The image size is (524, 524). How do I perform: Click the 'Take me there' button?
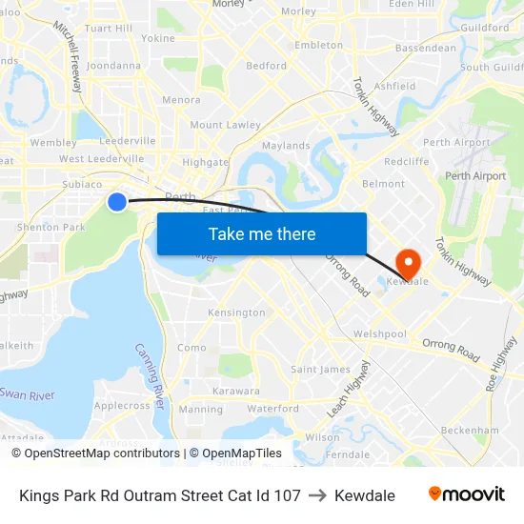262,233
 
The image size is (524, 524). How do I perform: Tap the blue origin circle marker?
116,201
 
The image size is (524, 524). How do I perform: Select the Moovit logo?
467,494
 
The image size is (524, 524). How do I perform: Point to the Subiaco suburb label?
81,184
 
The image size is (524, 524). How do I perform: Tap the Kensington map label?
236,312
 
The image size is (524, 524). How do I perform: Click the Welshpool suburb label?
379,334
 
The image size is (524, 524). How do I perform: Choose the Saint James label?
320,370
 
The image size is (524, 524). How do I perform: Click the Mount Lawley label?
225,125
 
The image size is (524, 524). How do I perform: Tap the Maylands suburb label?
286,146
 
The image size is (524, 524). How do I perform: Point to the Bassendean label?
426,48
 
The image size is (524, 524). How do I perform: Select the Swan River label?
28,394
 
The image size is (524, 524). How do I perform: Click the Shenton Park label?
50,227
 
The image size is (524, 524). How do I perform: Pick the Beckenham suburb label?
471,431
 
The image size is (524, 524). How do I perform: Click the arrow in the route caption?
317,495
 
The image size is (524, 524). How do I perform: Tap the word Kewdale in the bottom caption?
364,495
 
